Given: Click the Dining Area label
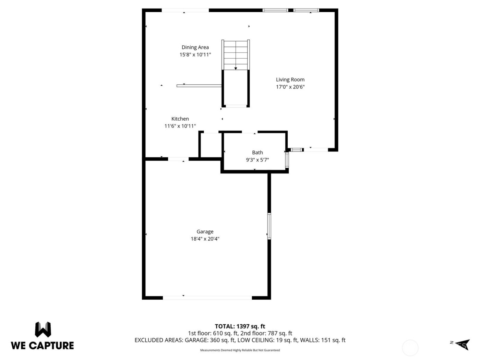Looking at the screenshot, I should point(195,47).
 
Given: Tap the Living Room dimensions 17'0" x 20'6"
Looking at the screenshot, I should point(290,87).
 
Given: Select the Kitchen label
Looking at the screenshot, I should point(180,119).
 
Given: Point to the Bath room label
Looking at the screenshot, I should point(257,153).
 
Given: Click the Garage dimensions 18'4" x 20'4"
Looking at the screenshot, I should point(205,239).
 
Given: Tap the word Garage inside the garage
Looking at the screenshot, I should point(205,232).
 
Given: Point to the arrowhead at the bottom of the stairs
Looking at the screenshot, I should point(236,69).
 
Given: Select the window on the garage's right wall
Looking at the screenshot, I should point(269,226).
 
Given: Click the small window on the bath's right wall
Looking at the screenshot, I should point(287,160).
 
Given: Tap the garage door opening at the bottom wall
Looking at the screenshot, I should point(207,298).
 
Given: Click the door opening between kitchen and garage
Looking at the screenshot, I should point(178,159).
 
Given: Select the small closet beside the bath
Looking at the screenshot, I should point(210,145).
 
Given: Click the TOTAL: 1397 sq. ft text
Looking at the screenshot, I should point(240,326).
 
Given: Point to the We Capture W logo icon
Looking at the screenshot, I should point(43,329).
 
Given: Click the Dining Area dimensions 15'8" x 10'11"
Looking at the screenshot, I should point(195,55).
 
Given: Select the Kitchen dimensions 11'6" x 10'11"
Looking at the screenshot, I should point(180,126).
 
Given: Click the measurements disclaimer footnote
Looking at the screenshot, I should point(240,350).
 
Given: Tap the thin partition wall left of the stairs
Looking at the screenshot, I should point(199,86).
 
